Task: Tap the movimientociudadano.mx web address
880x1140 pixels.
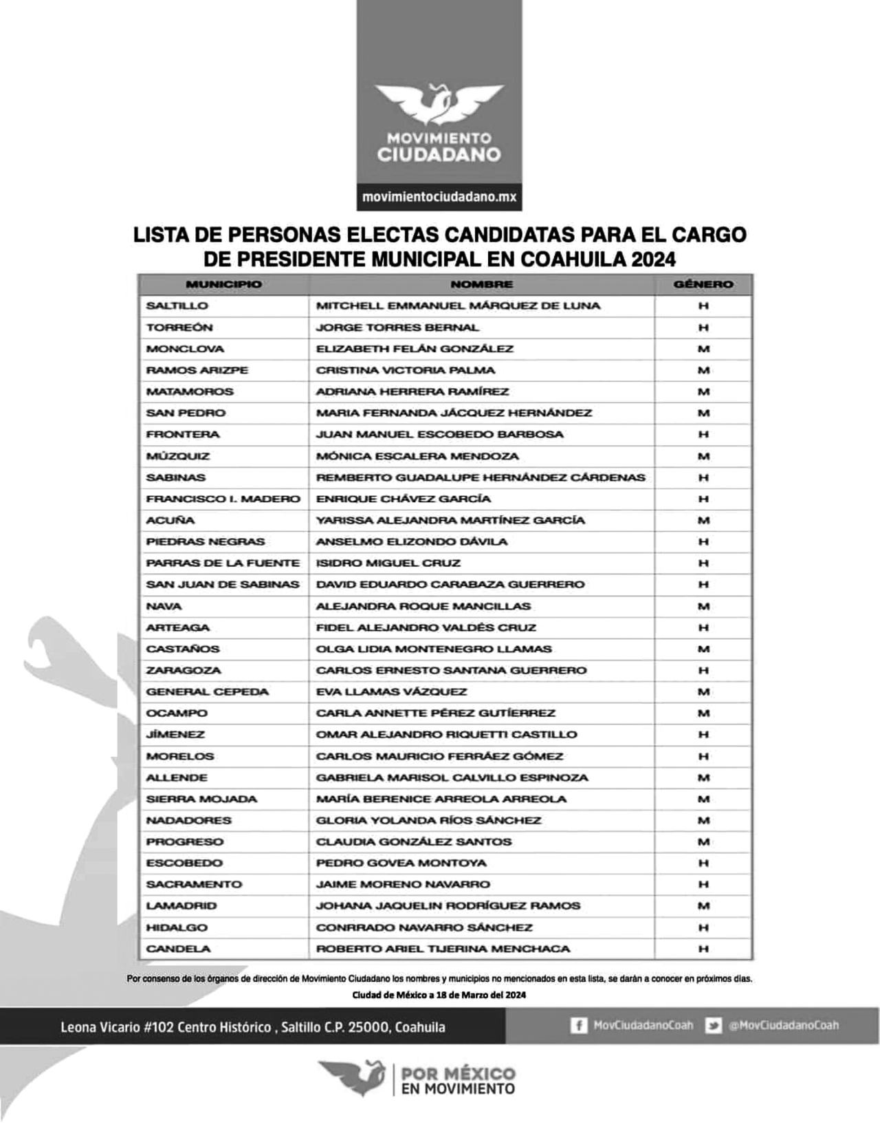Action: click(439, 197)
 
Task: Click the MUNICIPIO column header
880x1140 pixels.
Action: click(223, 284)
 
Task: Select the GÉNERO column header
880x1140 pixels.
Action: click(703, 284)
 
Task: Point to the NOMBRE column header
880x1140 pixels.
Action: click(481, 284)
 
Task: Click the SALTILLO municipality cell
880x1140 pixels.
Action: click(177, 305)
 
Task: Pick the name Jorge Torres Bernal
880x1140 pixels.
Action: click(397, 327)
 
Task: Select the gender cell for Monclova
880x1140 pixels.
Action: click(703, 349)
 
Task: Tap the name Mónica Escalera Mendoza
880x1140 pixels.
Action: click(417, 456)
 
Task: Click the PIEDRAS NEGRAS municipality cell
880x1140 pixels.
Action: click(205, 541)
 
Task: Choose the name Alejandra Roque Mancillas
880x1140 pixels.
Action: click(423, 606)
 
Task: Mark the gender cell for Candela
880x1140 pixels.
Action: click(703, 949)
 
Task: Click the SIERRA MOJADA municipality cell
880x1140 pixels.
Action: click(201, 799)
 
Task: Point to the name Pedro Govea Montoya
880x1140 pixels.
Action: click(401, 863)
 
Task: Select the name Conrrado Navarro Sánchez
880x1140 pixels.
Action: click(424, 927)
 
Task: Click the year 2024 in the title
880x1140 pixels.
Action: click(653, 259)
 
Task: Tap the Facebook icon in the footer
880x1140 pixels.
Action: click(579, 1026)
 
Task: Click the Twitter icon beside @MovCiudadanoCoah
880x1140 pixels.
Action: click(714, 1026)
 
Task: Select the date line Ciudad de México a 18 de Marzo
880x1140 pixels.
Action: click(439, 995)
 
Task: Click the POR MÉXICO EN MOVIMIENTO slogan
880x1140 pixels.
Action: click(457, 1080)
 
